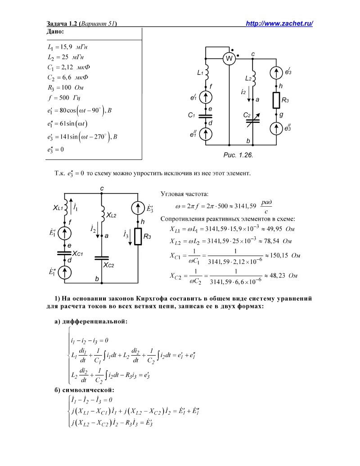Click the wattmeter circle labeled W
[229, 59]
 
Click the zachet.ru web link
[279, 24]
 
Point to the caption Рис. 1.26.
[238, 154]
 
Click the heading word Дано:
[55, 32]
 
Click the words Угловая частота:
[184, 194]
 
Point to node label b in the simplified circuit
[97, 279]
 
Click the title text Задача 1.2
[63, 24]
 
